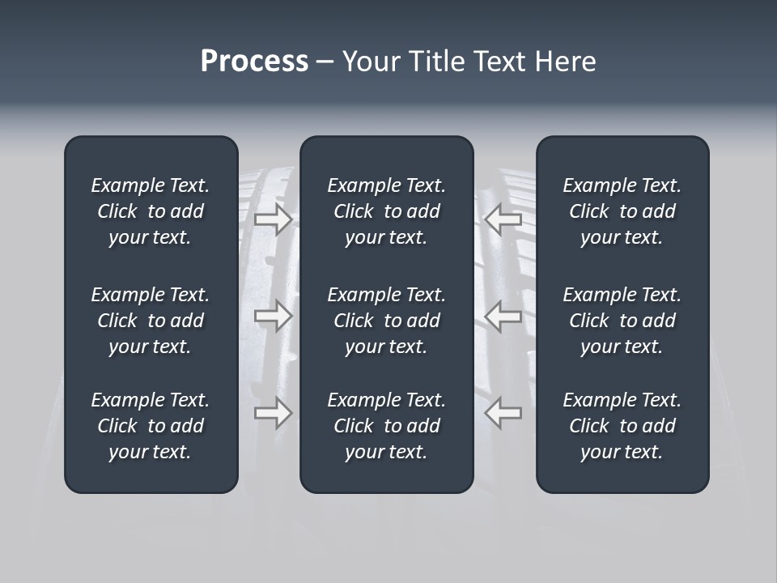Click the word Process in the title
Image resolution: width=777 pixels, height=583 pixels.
click(254, 62)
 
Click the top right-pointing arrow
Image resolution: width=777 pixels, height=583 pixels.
click(274, 219)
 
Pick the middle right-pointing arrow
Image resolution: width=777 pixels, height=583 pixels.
click(274, 316)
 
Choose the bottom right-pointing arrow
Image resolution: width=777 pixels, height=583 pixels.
click(274, 413)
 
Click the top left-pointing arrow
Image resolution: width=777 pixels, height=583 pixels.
click(503, 219)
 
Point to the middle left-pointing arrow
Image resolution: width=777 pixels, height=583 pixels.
click(503, 316)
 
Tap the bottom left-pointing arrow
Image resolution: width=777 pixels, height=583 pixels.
click(503, 413)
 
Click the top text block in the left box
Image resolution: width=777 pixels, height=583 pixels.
click(151, 211)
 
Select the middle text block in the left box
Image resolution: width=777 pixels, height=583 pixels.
click(151, 321)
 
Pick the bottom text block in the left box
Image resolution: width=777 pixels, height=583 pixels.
click(151, 426)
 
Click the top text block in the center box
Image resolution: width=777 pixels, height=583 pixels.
click(386, 211)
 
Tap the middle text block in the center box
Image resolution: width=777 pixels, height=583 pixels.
click(386, 321)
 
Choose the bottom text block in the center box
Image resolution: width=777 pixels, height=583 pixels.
click(386, 426)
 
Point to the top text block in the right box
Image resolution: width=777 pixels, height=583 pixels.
click(622, 211)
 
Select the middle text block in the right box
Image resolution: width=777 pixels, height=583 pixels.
click(622, 321)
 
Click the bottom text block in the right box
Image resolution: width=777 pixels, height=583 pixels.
click(622, 426)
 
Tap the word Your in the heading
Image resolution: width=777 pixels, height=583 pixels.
click(369, 62)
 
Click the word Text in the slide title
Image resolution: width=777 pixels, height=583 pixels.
click(501, 62)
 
